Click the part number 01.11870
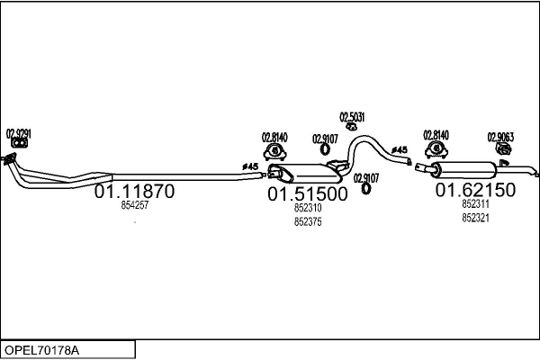134,191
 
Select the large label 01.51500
308,194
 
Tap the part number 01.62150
475,190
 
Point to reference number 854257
135,205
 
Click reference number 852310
308,208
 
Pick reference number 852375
308,222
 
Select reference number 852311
475,204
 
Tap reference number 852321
475,218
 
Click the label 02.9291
19,134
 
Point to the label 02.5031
352,118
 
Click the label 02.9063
500,138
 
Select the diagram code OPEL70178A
41,350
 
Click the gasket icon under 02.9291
19,143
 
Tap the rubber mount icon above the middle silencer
274,152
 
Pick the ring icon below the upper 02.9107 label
325,149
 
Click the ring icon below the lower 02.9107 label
365,188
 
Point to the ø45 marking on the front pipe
250,166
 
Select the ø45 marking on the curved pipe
400,150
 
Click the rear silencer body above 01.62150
463,169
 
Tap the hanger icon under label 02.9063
503,149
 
